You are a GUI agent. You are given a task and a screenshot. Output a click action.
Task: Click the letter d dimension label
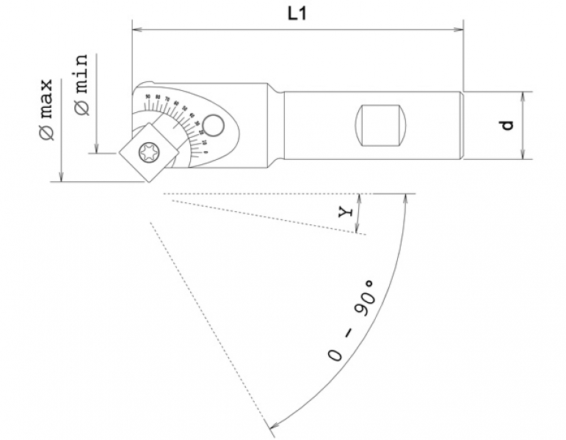pyautogui.click(x=507, y=125)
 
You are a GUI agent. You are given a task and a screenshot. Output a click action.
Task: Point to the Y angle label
pyautogui.click(x=347, y=212)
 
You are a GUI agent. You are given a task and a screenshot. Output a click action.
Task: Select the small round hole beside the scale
pyautogui.click(x=215, y=124)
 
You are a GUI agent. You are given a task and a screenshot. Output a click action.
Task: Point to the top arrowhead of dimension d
pyautogui.click(x=523, y=96)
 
